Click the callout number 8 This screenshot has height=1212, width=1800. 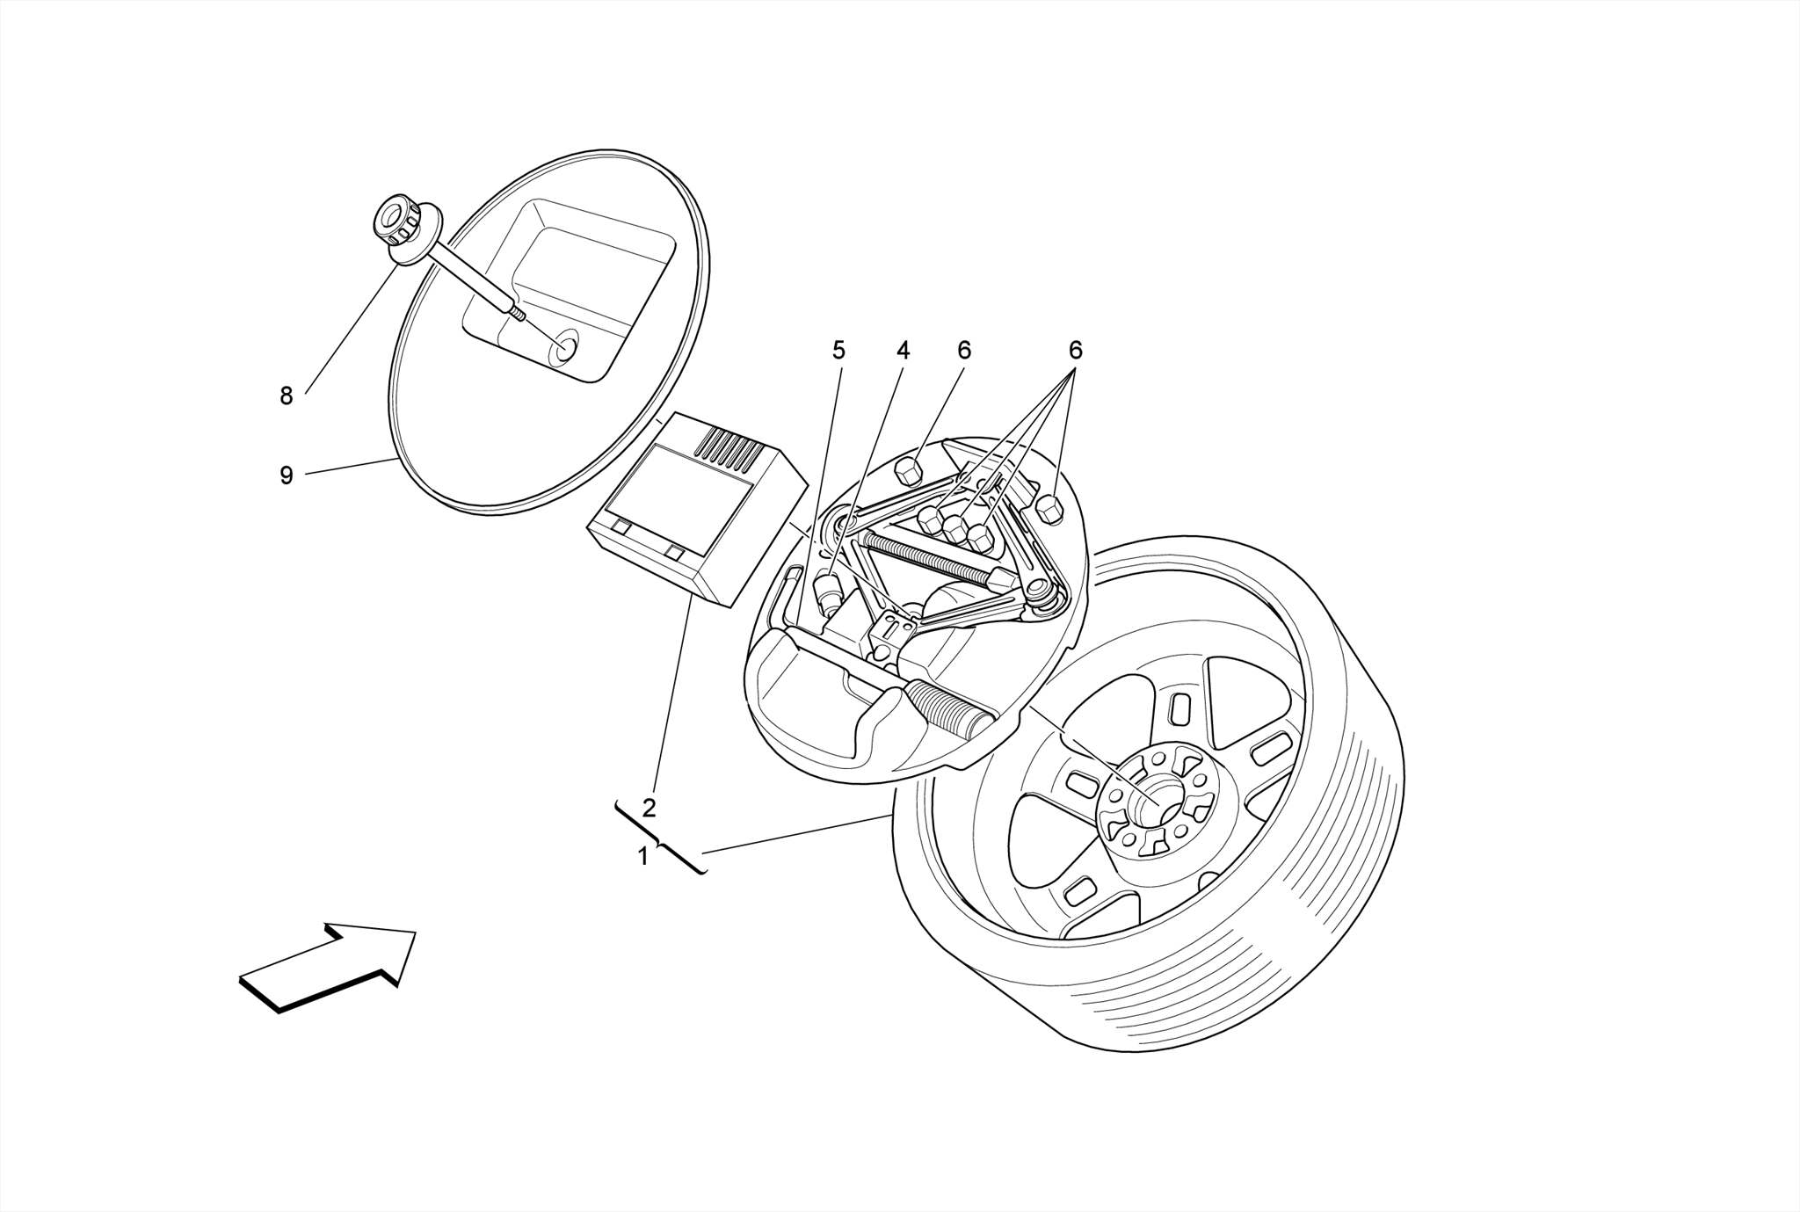click(x=286, y=396)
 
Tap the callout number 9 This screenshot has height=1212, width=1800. click(x=286, y=475)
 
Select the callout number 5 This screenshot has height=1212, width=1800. click(x=838, y=351)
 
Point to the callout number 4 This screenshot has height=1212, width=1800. click(x=903, y=351)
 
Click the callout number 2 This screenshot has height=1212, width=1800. click(x=649, y=808)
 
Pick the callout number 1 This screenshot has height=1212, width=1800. click(x=643, y=855)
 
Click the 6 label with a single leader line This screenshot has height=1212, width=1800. click(x=964, y=351)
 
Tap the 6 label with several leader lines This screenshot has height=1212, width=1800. click(x=1075, y=351)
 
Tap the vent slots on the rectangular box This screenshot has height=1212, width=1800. click(x=729, y=448)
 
